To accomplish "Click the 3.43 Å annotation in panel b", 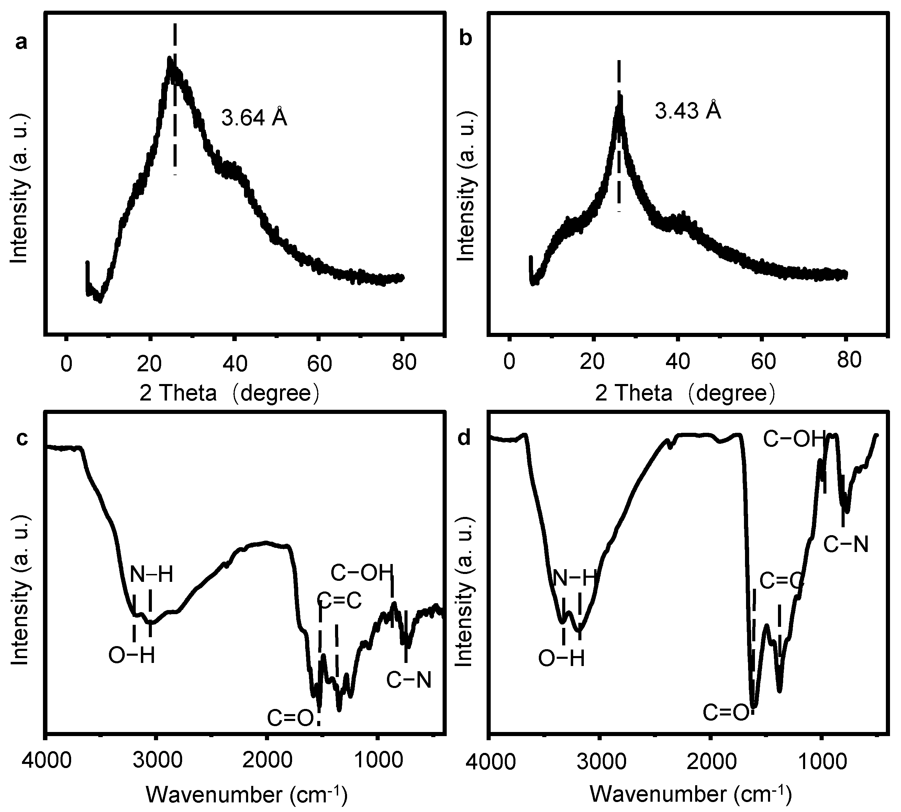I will click(688, 110).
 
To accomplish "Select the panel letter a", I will click(21, 43).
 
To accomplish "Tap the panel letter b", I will click(466, 39).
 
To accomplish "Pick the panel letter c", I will click(22, 439).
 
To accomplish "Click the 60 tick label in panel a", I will click(320, 364).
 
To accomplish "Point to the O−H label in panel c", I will click(132, 656).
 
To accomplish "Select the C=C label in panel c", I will click(341, 601).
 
